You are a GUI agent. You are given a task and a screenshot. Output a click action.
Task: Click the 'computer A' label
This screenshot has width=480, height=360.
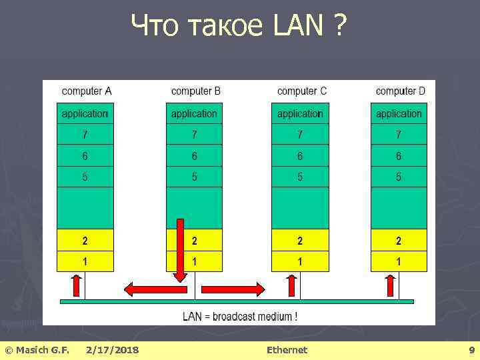tap(87, 91)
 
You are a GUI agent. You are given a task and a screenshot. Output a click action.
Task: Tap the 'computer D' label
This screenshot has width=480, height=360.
tap(400, 91)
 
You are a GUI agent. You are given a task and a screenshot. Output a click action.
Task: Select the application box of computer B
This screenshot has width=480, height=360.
tap(194, 114)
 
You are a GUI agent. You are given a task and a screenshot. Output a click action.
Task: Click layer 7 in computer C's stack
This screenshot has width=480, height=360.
tap(300, 135)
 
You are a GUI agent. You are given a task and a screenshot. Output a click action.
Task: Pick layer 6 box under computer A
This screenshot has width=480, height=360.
tap(85, 156)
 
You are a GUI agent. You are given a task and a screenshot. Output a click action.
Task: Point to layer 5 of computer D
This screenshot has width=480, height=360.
tap(399, 177)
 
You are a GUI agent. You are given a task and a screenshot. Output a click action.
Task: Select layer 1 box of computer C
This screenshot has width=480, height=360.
tap(300, 261)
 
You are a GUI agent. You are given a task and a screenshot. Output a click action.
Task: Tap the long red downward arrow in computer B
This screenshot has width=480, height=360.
tap(180, 251)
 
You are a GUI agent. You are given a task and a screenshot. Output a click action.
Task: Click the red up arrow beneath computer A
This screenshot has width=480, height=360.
tap(76, 285)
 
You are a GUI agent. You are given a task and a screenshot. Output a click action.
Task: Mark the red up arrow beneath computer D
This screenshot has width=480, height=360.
tap(391, 285)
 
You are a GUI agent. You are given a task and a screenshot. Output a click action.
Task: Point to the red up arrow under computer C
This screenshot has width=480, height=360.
tap(291, 285)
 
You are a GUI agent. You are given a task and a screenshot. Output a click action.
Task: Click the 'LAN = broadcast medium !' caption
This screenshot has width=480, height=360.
tap(240, 316)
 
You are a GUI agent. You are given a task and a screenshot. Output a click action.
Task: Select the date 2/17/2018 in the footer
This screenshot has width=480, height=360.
tap(113, 350)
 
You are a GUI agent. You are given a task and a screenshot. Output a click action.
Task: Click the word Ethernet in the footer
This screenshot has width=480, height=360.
tap(287, 350)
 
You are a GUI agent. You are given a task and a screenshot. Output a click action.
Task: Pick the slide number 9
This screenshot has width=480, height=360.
tap(471, 350)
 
